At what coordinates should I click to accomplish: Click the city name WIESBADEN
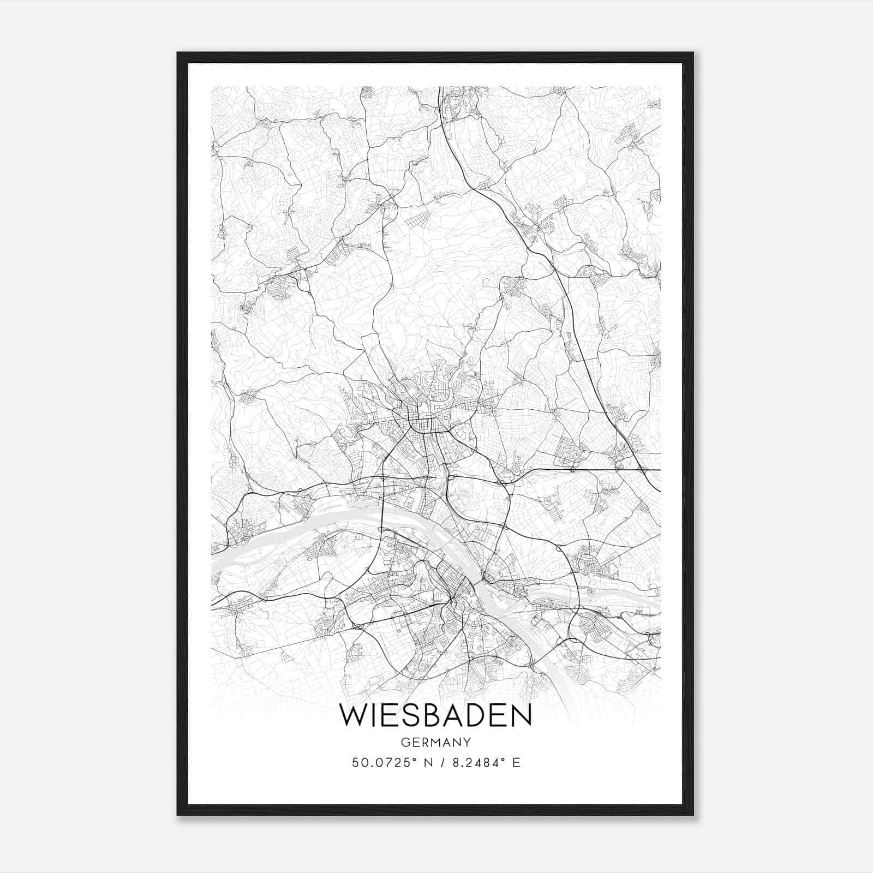[x=435, y=716]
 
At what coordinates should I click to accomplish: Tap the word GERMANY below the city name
[x=435, y=742]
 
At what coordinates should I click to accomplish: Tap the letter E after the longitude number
[x=516, y=763]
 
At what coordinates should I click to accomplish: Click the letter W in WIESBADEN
[x=352, y=716]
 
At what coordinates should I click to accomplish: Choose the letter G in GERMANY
[x=404, y=742]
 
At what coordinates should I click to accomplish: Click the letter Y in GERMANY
[x=467, y=742]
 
